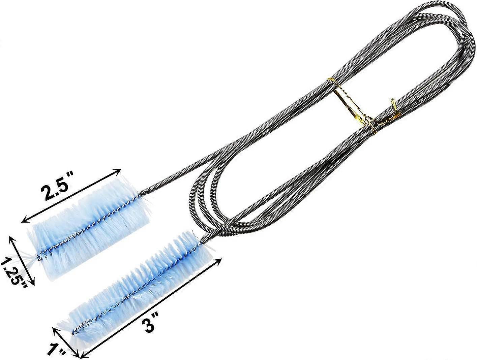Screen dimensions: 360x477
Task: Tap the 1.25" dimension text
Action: click(x=15, y=272)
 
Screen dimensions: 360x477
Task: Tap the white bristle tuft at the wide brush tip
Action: click(x=32, y=259)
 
